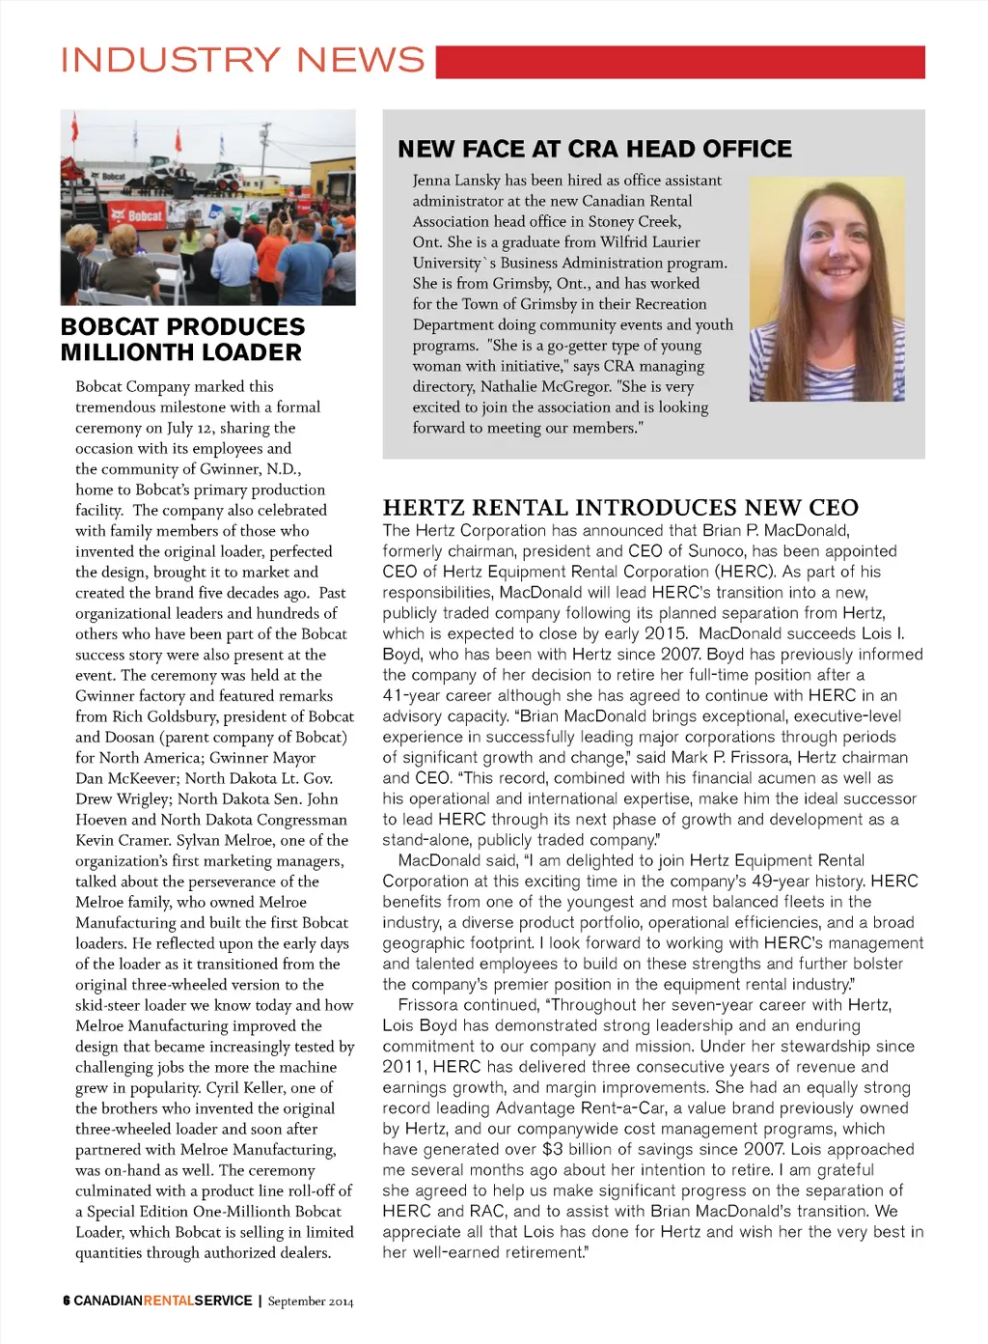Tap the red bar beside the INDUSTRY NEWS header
pyautogui.click(x=679, y=61)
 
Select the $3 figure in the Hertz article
pyautogui.click(x=552, y=1149)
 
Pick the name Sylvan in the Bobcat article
pyautogui.click(x=198, y=840)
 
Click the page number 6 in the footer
pyautogui.click(x=66, y=1301)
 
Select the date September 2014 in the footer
pyautogui.click(x=311, y=1302)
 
